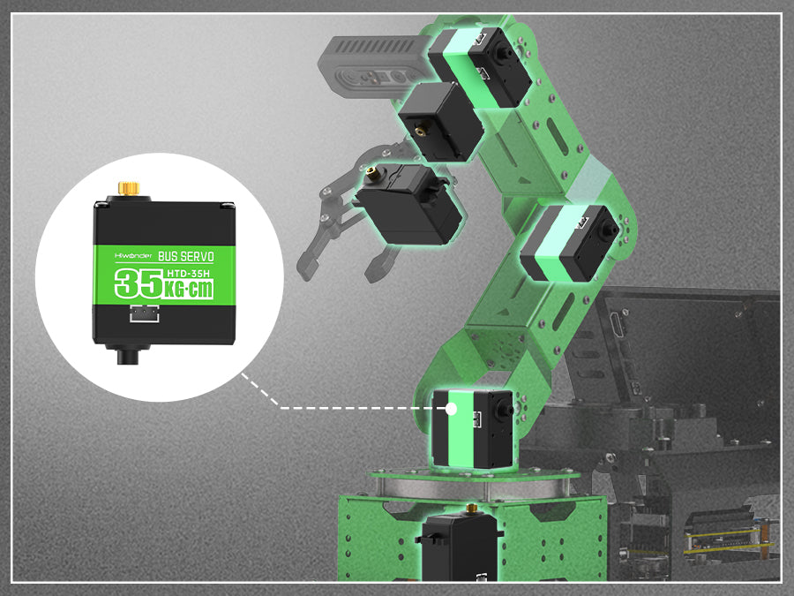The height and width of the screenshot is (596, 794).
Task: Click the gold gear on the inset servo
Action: tap(129, 188)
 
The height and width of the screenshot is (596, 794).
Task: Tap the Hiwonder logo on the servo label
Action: tap(133, 256)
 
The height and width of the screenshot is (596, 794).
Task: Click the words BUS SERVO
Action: tap(186, 256)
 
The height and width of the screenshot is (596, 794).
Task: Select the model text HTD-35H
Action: tap(188, 274)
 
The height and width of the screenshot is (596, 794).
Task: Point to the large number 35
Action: tap(139, 283)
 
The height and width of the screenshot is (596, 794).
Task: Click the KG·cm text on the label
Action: tap(189, 290)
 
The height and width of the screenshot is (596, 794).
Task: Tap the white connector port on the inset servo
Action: tap(145, 313)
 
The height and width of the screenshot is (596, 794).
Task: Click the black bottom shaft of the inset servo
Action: tap(128, 355)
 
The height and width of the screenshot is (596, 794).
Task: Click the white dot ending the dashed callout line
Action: tap(451, 409)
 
